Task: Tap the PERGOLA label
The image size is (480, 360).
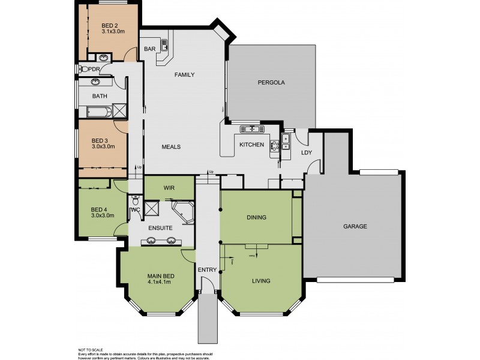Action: click(270, 82)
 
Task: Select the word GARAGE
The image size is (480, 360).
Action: click(355, 226)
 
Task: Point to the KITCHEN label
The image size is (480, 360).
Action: click(251, 145)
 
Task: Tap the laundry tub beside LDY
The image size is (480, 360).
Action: click(286, 141)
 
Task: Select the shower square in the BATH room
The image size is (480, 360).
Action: click(120, 111)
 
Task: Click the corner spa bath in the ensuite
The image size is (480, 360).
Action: click(182, 212)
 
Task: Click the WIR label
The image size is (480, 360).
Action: click(169, 187)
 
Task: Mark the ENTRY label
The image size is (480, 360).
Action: click(206, 270)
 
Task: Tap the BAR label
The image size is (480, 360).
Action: click(149, 49)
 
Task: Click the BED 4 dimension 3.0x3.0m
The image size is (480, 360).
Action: click(102, 215)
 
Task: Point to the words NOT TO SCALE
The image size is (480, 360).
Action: click(91, 349)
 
